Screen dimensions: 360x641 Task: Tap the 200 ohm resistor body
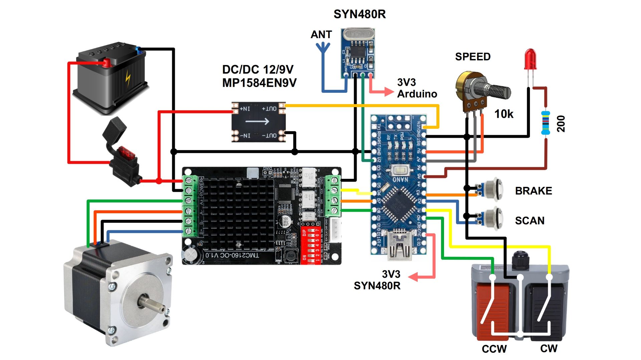545,123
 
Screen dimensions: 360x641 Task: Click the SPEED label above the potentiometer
473,57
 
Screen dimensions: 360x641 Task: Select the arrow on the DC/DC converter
257,121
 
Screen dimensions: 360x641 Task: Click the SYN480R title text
360,14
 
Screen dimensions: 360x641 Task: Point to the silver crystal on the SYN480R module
358,34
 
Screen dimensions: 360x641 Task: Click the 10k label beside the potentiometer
504,114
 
